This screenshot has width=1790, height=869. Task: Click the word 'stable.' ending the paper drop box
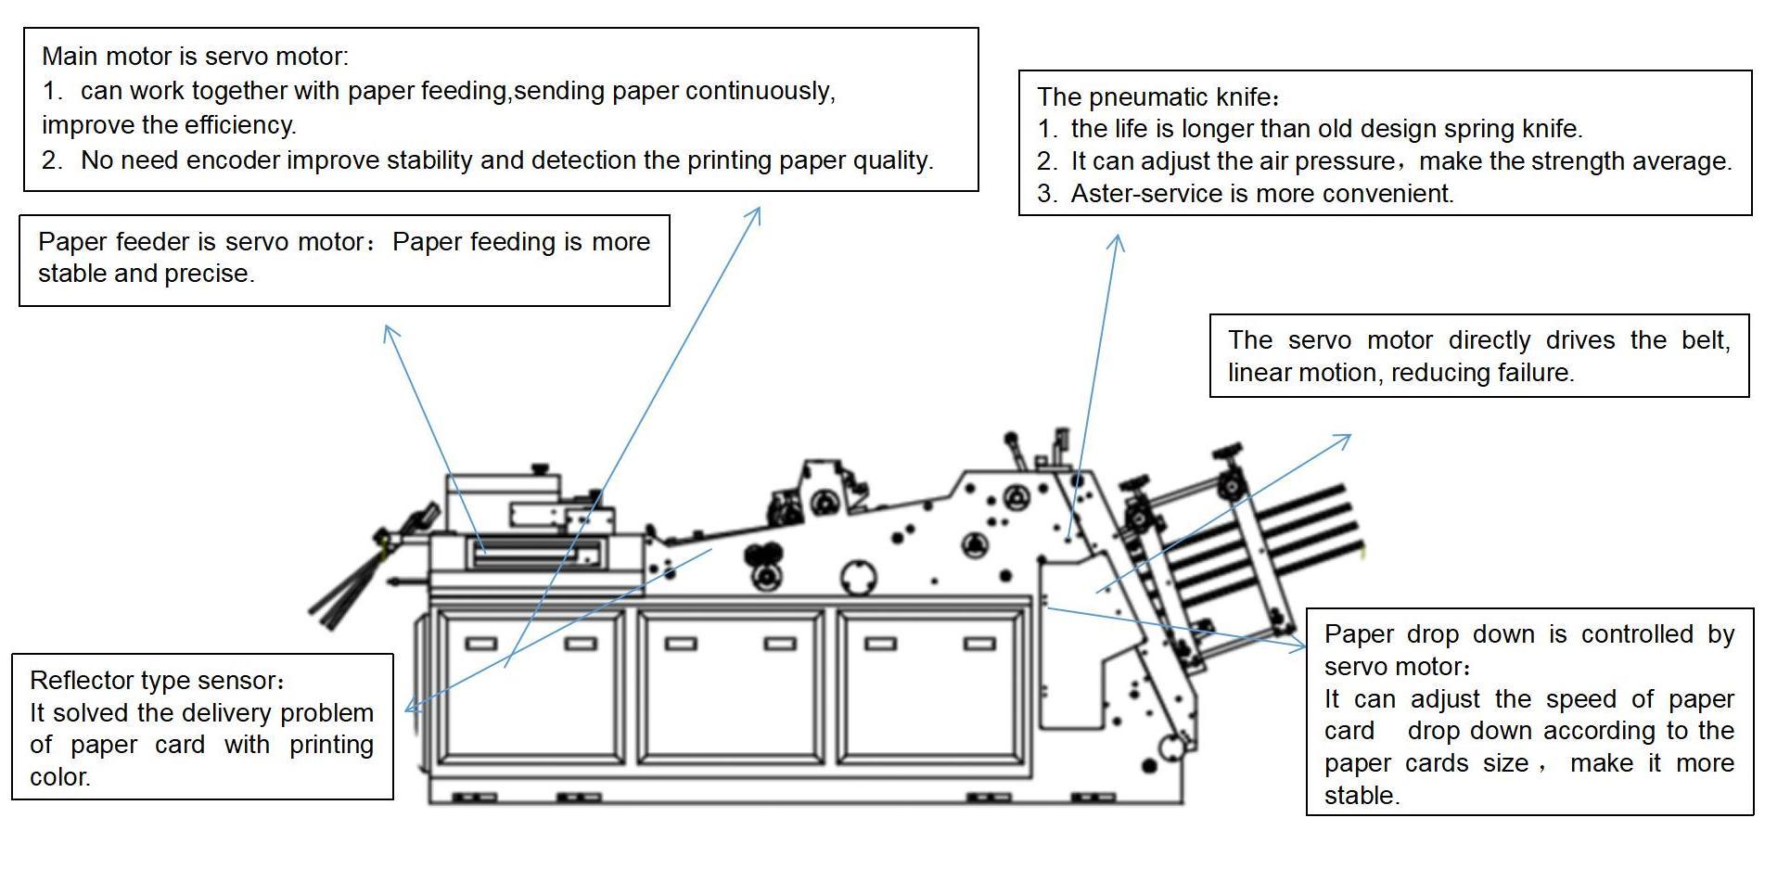pyautogui.click(x=1362, y=796)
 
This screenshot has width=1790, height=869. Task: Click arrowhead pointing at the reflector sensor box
pyautogui.click(x=410, y=709)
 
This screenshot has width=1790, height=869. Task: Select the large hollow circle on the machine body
pyautogui.click(x=859, y=578)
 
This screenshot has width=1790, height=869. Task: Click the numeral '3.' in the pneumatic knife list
pyautogui.click(x=1047, y=194)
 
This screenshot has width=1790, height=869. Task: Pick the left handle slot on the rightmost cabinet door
pyautogui.click(x=880, y=644)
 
